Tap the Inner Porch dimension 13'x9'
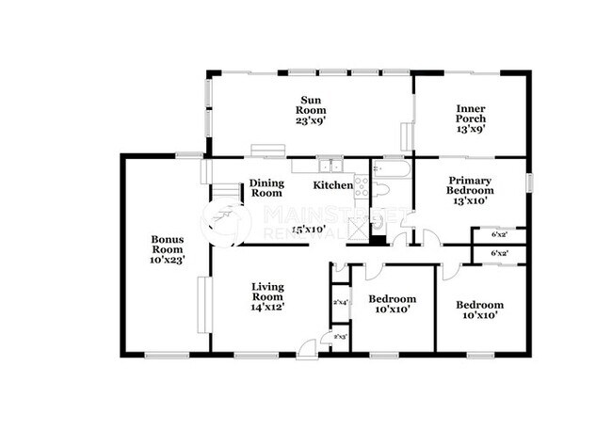point(471,129)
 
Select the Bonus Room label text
point(168,244)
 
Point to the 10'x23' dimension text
point(168,260)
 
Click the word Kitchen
point(332,185)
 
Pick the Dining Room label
point(266,188)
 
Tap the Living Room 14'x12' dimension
point(267,307)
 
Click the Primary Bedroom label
point(471,184)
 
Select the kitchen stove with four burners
point(361,184)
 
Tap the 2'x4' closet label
point(341,302)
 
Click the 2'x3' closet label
point(340,336)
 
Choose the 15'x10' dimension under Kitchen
point(308,229)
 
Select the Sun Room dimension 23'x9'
point(312,119)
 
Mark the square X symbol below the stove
point(359,227)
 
